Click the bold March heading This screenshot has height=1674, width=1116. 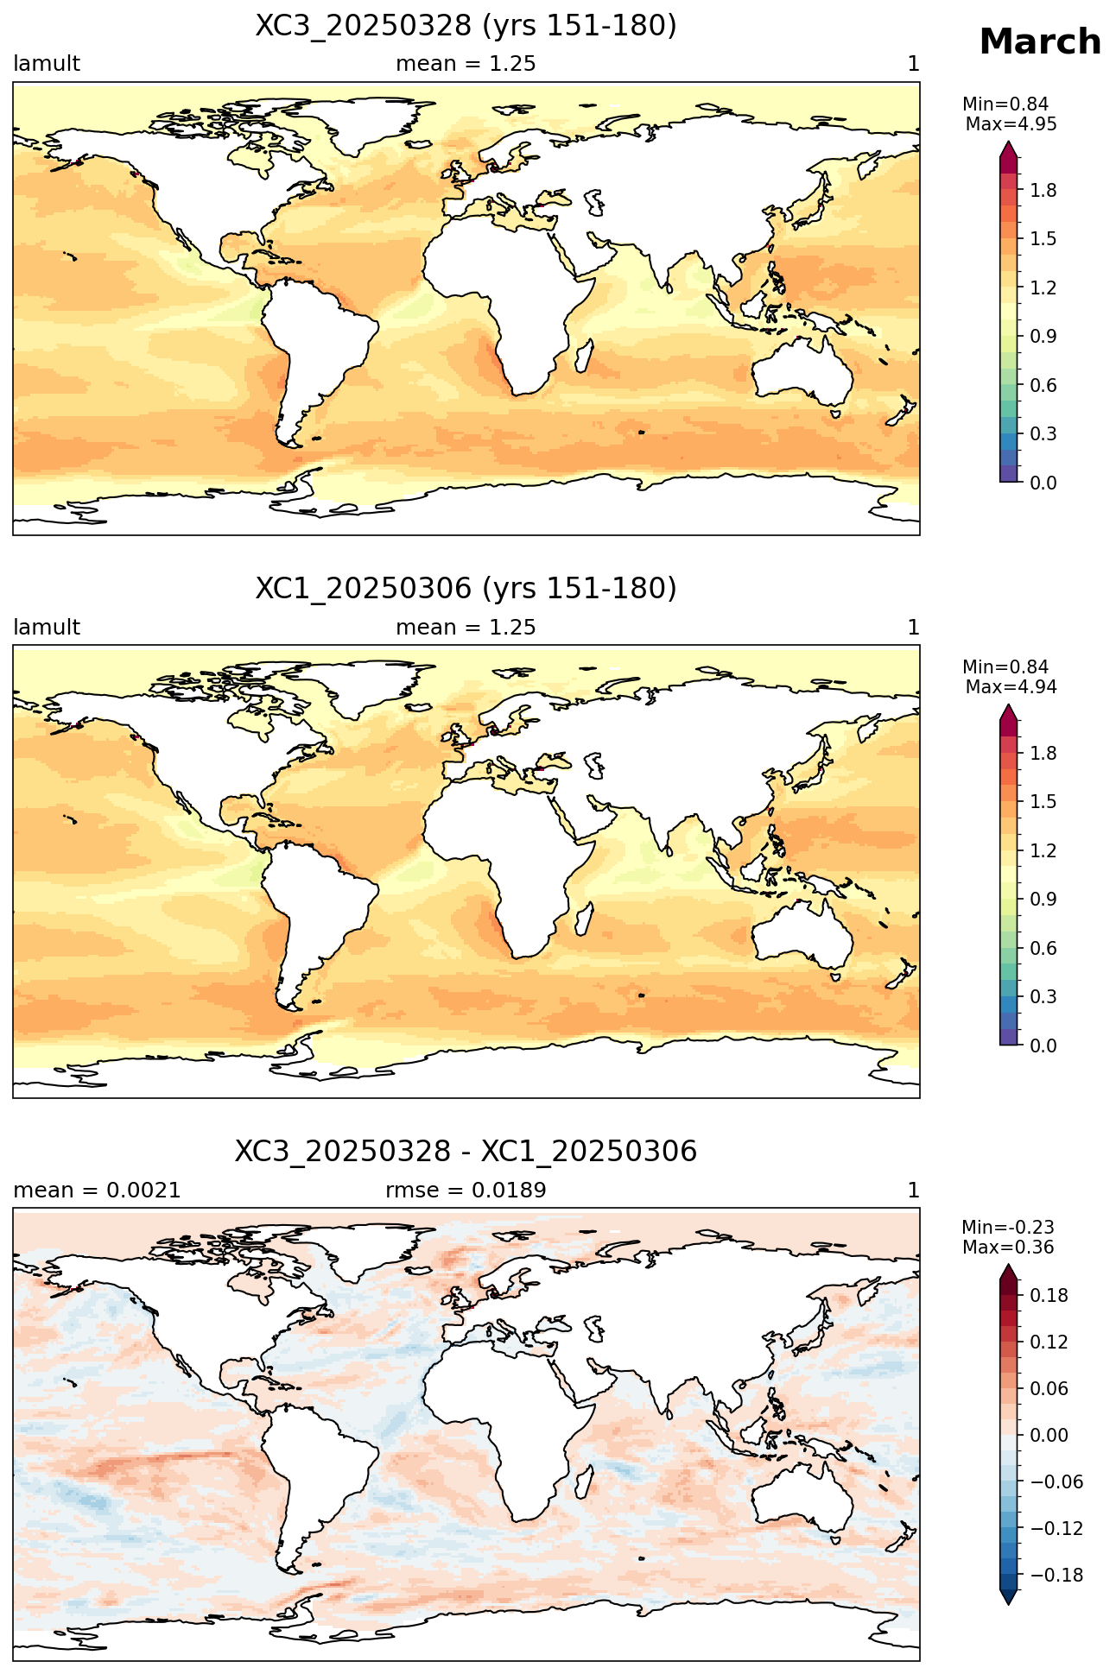[1040, 42]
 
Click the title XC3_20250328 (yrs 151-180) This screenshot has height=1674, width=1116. [466, 26]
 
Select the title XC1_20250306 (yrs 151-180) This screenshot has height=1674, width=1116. [466, 589]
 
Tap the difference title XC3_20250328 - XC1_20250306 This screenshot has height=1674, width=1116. [466, 1151]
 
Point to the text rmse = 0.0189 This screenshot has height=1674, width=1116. [466, 1191]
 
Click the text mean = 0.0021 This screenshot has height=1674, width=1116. [97, 1191]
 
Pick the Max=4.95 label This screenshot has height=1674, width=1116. [1011, 124]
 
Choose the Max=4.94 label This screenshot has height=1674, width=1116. [1011, 687]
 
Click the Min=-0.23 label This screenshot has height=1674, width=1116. [1008, 1228]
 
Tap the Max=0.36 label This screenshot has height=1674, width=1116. [1008, 1248]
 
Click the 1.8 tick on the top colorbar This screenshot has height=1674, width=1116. [1043, 190]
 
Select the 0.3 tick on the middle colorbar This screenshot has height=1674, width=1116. [1043, 996]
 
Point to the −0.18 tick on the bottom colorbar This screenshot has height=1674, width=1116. [1056, 1576]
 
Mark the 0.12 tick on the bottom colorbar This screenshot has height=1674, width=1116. [1049, 1342]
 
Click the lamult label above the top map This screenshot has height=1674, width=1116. [47, 64]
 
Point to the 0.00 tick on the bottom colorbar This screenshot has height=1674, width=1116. [1049, 1436]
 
